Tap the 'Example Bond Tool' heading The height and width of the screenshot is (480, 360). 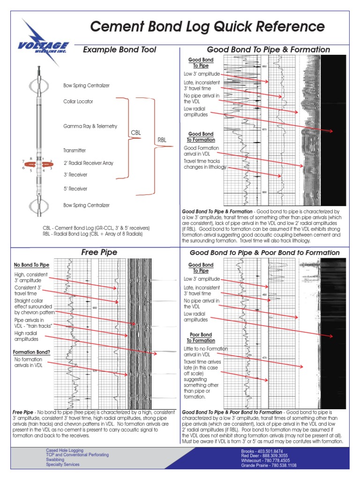coord(119,50)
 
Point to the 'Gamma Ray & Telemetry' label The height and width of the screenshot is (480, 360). coord(90,126)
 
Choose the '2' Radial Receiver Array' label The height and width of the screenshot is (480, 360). coord(88,163)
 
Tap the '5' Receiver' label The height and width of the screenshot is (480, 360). coord(75,188)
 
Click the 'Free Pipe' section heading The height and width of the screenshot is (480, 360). coord(99,252)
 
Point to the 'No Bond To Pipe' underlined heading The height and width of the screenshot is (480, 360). coord(32,265)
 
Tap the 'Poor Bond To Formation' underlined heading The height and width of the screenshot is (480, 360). coord(201,337)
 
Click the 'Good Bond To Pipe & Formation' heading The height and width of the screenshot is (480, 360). coord(269,50)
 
